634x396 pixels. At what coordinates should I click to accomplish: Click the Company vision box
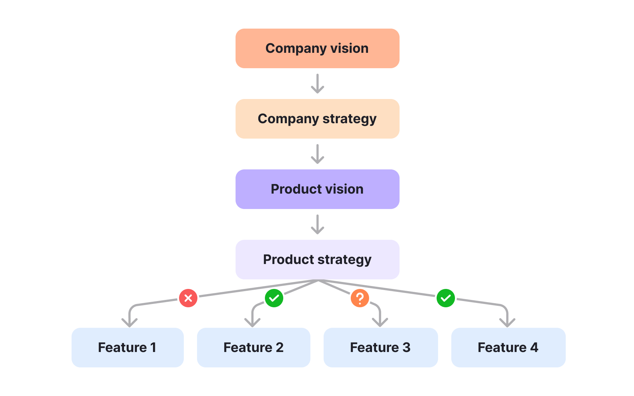coord(317,48)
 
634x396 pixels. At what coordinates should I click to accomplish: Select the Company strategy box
coord(317,119)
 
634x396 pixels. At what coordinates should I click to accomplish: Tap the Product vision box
coord(317,189)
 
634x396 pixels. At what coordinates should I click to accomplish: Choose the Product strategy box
coord(317,260)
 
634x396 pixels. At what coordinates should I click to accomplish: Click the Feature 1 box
coord(127,348)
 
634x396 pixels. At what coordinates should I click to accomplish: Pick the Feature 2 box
coord(254,348)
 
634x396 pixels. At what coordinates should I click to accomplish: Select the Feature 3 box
coord(380,348)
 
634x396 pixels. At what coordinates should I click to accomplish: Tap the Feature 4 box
coord(508,348)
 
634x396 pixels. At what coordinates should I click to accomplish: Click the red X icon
coord(188,298)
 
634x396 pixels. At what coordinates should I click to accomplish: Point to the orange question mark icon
coord(360,298)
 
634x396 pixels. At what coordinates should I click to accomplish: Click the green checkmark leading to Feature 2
coord(274,298)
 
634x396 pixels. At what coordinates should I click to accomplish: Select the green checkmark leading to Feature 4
coord(446,298)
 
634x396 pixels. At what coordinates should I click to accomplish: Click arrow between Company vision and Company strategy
coord(317,84)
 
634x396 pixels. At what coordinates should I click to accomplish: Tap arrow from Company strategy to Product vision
coord(317,154)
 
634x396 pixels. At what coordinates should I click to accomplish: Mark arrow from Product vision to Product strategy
coord(317,224)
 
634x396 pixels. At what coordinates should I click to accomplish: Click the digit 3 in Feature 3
coord(406,348)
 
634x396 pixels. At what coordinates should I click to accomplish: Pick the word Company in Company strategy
coord(288,119)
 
